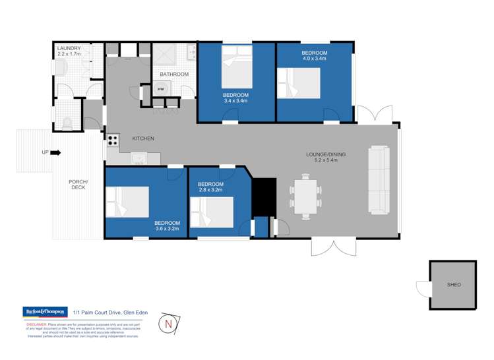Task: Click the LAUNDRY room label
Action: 69,49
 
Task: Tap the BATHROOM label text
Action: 174,75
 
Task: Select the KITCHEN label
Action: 143,138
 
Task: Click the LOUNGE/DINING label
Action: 326,155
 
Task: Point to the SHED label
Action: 454,285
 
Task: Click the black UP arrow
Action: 55,153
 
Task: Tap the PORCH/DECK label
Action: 78,185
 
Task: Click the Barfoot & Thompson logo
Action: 45,311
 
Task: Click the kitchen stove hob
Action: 113,140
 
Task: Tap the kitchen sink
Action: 139,159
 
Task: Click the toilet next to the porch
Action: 66,123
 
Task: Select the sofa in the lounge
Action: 379,179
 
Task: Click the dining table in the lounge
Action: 305,196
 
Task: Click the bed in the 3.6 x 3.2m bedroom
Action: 128,202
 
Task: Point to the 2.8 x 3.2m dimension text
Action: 210,190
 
